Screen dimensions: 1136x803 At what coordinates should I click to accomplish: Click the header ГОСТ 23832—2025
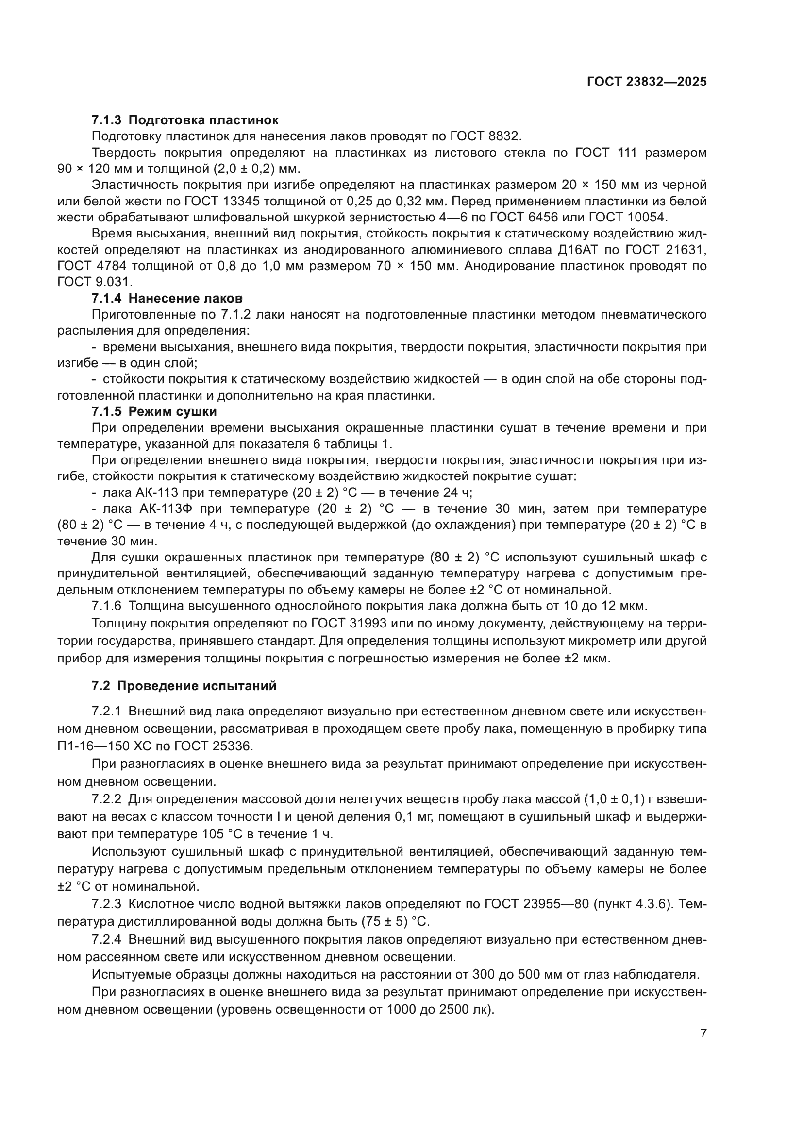pos(646,82)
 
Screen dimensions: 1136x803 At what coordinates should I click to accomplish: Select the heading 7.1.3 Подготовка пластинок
pos(185,120)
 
